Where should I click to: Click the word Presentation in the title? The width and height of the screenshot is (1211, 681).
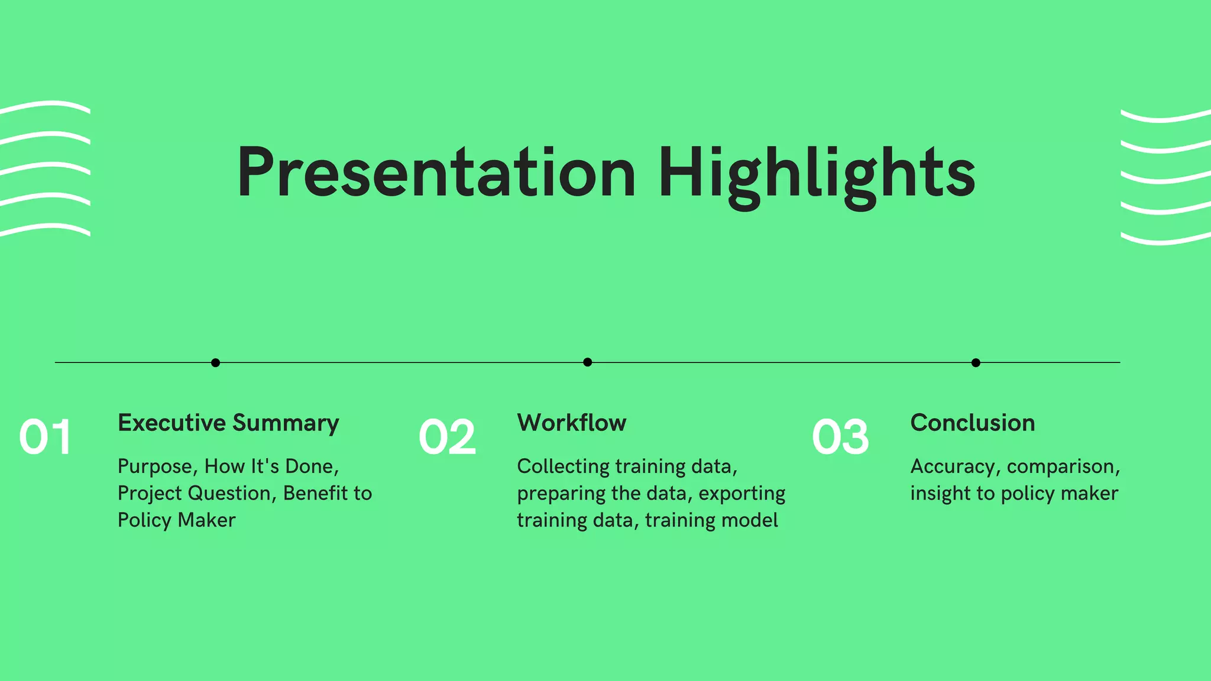[x=436, y=173]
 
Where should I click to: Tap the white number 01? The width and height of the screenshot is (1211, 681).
[x=46, y=437]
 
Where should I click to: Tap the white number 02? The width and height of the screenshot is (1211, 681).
[x=447, y=437]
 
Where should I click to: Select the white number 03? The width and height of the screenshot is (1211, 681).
[x=840, y=437]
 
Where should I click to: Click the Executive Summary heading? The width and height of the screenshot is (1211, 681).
[x=228, y=423]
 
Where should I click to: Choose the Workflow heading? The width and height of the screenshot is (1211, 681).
[x=571, y=423]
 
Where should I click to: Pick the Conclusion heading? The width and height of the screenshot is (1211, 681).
[x=972, y=423]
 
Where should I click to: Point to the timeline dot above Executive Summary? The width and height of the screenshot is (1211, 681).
[x=215, y=362]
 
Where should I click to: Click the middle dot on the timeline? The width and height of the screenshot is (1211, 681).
[x=587, y=362]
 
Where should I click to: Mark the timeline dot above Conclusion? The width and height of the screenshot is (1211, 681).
[x=976, y=362]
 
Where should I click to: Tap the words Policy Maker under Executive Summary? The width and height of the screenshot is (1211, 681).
[x=176, y=520]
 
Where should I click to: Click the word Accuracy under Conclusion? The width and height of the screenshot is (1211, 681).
[x=953, y=467]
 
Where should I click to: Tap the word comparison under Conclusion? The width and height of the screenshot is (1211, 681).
[x=1061, y=467]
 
